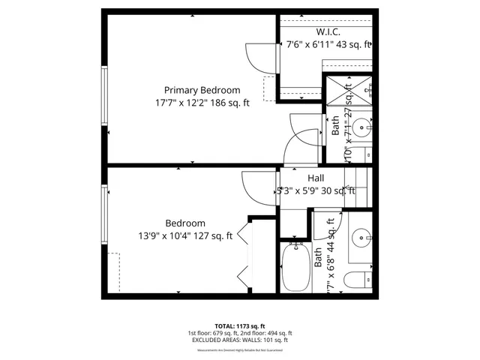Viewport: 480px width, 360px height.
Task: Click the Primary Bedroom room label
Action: [x=202, y=89]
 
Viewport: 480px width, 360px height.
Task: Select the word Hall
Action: [x=315, y=178]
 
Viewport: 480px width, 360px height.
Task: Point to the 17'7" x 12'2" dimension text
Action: [x=202, y=103]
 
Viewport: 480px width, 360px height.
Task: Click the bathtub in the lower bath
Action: [x=295, y=268]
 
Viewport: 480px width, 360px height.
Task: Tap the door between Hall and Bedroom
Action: [x=255, y=188]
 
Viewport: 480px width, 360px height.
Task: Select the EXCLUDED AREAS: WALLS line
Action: [x=239, y=340]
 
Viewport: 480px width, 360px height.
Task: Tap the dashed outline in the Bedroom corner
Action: [x=114, y=270]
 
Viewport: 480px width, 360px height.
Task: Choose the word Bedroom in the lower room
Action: [x=185, y=223]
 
